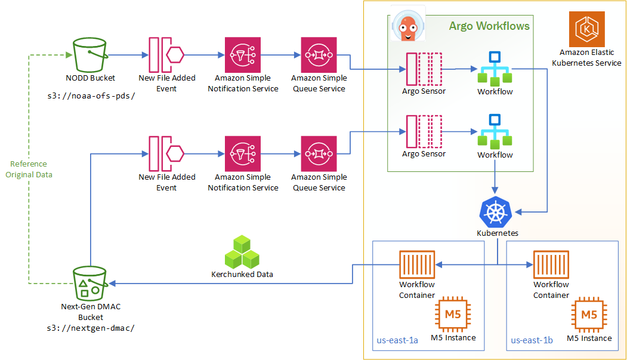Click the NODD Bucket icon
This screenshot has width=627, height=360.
click(x=90, y=54)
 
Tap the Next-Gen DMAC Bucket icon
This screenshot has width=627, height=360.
click(x=90, y=284)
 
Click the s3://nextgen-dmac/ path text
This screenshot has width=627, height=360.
click(x=90, y=328)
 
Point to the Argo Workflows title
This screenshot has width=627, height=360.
click(x=489, y=26)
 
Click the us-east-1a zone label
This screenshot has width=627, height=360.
click(x=397, y=340)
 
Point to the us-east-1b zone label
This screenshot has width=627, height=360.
click(x=532, y=340)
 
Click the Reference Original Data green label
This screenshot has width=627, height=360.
click(x=29, y=169)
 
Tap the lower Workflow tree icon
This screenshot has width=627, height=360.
click(x=495, y=131)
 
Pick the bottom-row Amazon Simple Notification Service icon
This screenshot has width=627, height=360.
click(x=243, y=153)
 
